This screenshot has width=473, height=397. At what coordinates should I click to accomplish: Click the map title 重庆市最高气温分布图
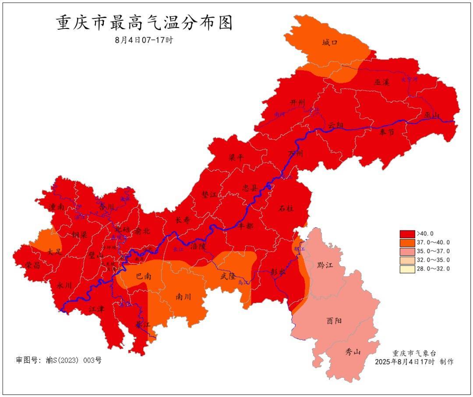pyautogui.click(x=145, y=23)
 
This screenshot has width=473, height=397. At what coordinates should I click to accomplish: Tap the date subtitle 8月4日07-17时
pyautogui.click(x=144, y=40)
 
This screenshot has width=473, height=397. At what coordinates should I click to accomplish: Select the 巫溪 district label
pyautogui.click(x=381, y=82)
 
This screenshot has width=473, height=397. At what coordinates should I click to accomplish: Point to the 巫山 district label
pyautogui.click(x=431, y=115)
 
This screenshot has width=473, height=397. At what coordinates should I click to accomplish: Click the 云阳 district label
pyautogui.click(x=336, y=125)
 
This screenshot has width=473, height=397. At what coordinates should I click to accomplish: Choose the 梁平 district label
pyautogui.click(x=236, y=158)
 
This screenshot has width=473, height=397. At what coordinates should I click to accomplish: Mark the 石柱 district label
pyautogui.click(x=286, y=209)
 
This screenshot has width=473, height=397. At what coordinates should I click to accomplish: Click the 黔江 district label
pyautogui.click(x=325, y=265)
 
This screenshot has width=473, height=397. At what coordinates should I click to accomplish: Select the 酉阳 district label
pyautogui.click(x=334, y=320)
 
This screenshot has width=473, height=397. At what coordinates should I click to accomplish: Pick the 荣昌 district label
pyautogui.click(x=32, y=265)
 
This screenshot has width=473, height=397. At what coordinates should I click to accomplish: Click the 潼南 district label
pyautogui.click(x=57, y=207)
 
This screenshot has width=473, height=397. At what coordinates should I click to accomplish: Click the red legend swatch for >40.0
pyautogui.click(x=407, y=234)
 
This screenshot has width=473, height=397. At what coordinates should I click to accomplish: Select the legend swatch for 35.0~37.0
pyautogui.click(x=407, y=251)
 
